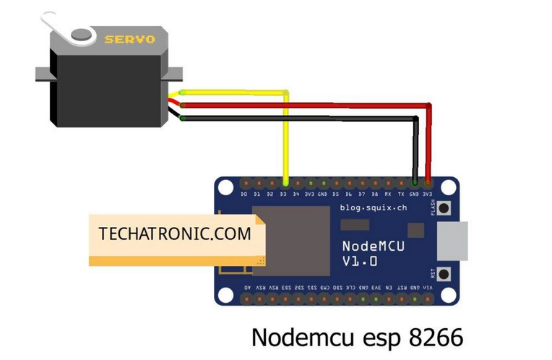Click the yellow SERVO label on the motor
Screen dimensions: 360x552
(129, 39)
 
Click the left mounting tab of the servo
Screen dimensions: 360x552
(43, 73)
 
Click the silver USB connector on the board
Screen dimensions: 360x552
(452, 241)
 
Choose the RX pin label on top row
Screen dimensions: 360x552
(388, 194)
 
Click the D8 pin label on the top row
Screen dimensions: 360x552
(375, 194)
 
